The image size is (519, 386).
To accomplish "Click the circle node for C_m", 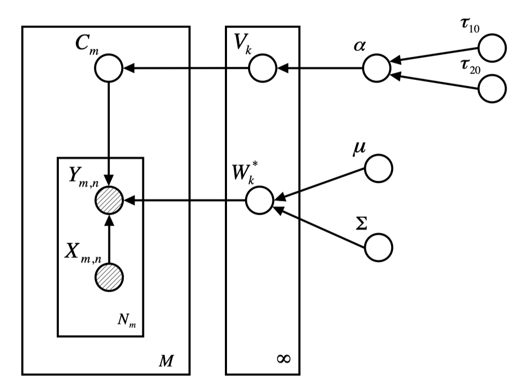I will pos(108,68).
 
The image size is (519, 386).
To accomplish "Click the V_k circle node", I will pos(262,68).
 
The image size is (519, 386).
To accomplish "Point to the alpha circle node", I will pos(376,68).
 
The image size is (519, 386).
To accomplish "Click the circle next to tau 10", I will pos(492,49).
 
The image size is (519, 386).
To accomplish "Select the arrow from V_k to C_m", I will pos(186,68).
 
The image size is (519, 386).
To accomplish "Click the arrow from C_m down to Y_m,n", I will pos(108,134).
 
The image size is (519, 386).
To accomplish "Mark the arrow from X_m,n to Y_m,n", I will pos(108,237).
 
